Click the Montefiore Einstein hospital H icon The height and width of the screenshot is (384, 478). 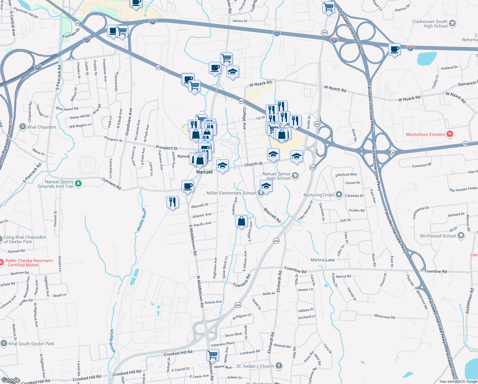click(450, 134)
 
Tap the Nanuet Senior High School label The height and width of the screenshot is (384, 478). click(276, 176)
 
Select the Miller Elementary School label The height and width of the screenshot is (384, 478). click(231, 193)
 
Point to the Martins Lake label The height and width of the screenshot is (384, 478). click(322, 260)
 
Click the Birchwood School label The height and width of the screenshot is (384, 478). click(438, 236)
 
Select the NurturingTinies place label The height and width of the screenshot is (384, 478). click(319, 195)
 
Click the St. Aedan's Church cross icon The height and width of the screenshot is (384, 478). click(279, 365)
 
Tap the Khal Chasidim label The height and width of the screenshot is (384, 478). click(42, 127)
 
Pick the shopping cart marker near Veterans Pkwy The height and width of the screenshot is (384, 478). click(212, 355)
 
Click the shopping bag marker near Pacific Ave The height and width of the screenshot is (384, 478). click(242, 221)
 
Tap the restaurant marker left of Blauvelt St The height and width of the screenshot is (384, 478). click(173, 202)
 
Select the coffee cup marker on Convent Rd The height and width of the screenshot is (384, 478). click(188, 186)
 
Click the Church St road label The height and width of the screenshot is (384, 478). click(253, 164)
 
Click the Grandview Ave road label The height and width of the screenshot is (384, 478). click(128, 122)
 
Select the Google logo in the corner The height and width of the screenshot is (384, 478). click(11, 380)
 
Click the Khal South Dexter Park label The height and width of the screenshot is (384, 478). click(31, 344)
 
